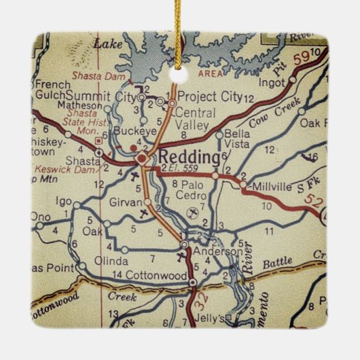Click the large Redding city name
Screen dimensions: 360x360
(x=190, y=158)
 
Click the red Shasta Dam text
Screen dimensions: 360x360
(x=94, y=75)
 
